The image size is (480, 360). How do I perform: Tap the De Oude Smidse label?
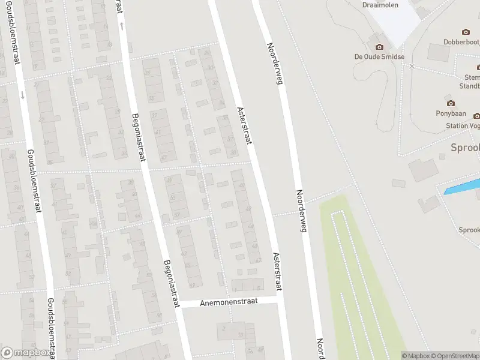pyautogui.click(x=379, y=56)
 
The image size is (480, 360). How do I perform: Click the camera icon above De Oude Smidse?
pyautogui.click(x=379, y=47)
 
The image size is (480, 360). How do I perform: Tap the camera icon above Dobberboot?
pyautogui.click(x=466, y=32)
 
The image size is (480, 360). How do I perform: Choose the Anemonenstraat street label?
pyautogui.click(x=229, y=302)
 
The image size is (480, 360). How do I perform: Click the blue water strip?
pyautogui.click(x=462, y=186)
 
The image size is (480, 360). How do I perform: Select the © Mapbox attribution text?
pyautogui.click(x=415, y=356)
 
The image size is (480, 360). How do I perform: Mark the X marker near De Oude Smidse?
pyautogui.click(x=412, y=66)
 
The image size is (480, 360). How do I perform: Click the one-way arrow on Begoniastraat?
pyautogui.click(x=122, y=25)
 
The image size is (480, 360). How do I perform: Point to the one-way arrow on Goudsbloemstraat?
pyautogui.click(x=23, y=94)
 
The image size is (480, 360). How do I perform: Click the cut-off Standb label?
pyautogui.click(x=469, y=85)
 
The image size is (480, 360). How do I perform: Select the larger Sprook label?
pyautogui.click(x=466, y=148)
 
